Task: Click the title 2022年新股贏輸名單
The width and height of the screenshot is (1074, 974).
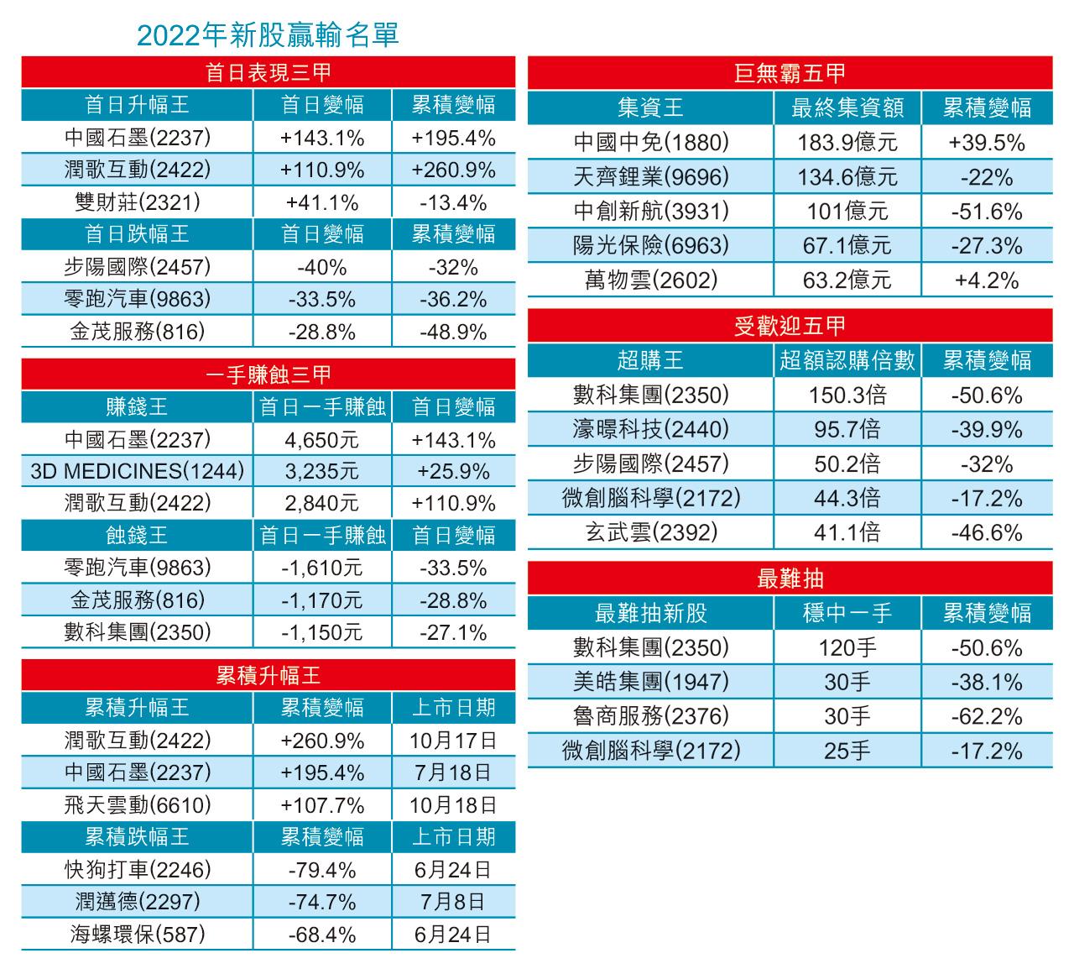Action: [x=267, y=34]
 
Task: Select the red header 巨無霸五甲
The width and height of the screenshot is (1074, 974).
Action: [x=790, y=73]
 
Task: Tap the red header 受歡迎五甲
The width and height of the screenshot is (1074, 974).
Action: [x=790, y=326]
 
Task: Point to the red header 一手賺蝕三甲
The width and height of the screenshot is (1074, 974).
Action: [x=268, y=374]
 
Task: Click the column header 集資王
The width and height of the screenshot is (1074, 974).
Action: [x=650, y=107]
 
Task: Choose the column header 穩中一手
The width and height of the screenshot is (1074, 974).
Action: [x=847, y=614]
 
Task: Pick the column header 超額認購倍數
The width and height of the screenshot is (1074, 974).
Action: [x=847, y=361]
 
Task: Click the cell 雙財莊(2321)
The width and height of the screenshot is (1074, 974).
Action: [x=137, y=202]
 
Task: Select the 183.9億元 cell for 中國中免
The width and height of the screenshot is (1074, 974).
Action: [x=847, y=143]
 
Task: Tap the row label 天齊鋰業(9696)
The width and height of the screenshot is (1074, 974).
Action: [x=650, y=177]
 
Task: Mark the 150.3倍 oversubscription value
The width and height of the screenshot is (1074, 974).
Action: [x=847, y=395]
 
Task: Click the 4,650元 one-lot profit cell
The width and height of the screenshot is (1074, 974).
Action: [x=321, y=440]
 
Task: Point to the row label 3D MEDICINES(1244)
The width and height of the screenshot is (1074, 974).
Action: [x=137, y=471]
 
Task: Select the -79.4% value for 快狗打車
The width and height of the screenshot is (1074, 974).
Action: [x=321, y=870]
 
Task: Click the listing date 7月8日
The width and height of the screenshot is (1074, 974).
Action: [x=453, y=902]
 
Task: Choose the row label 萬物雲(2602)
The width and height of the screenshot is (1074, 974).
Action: [x=650, y=280]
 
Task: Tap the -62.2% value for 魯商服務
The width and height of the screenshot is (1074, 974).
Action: [x=986, y=717]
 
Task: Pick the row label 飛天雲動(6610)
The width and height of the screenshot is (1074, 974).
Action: [x=137, y=805]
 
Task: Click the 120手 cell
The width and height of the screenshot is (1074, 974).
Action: [x=847, y=648]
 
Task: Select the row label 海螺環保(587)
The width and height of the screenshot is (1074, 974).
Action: [x=137, y=935]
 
